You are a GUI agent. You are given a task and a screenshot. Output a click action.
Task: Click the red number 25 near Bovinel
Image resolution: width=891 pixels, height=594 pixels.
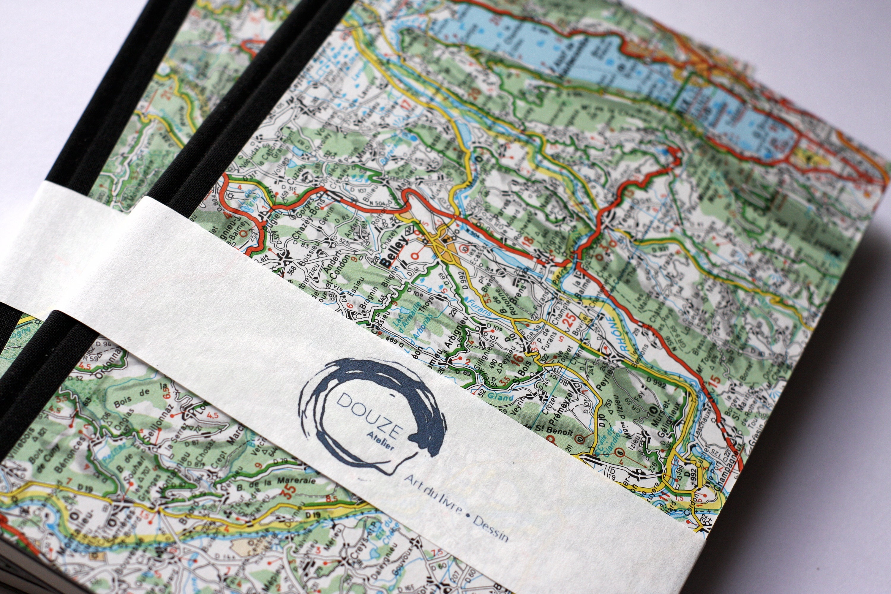(568, 320)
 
